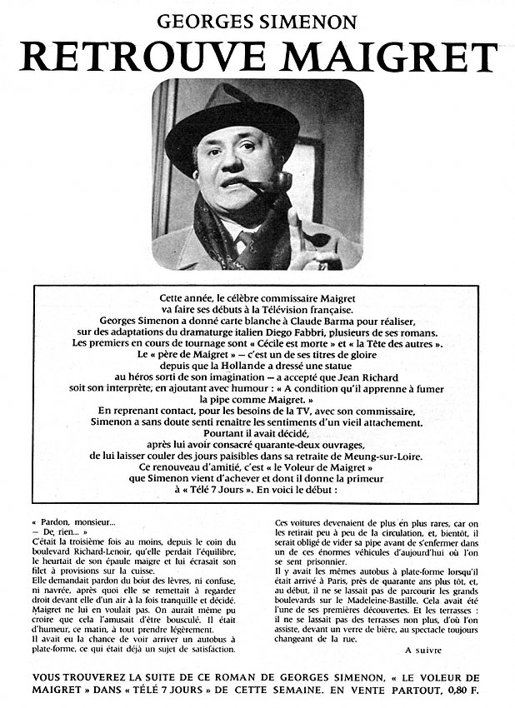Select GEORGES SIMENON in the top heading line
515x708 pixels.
pos(259,19)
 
